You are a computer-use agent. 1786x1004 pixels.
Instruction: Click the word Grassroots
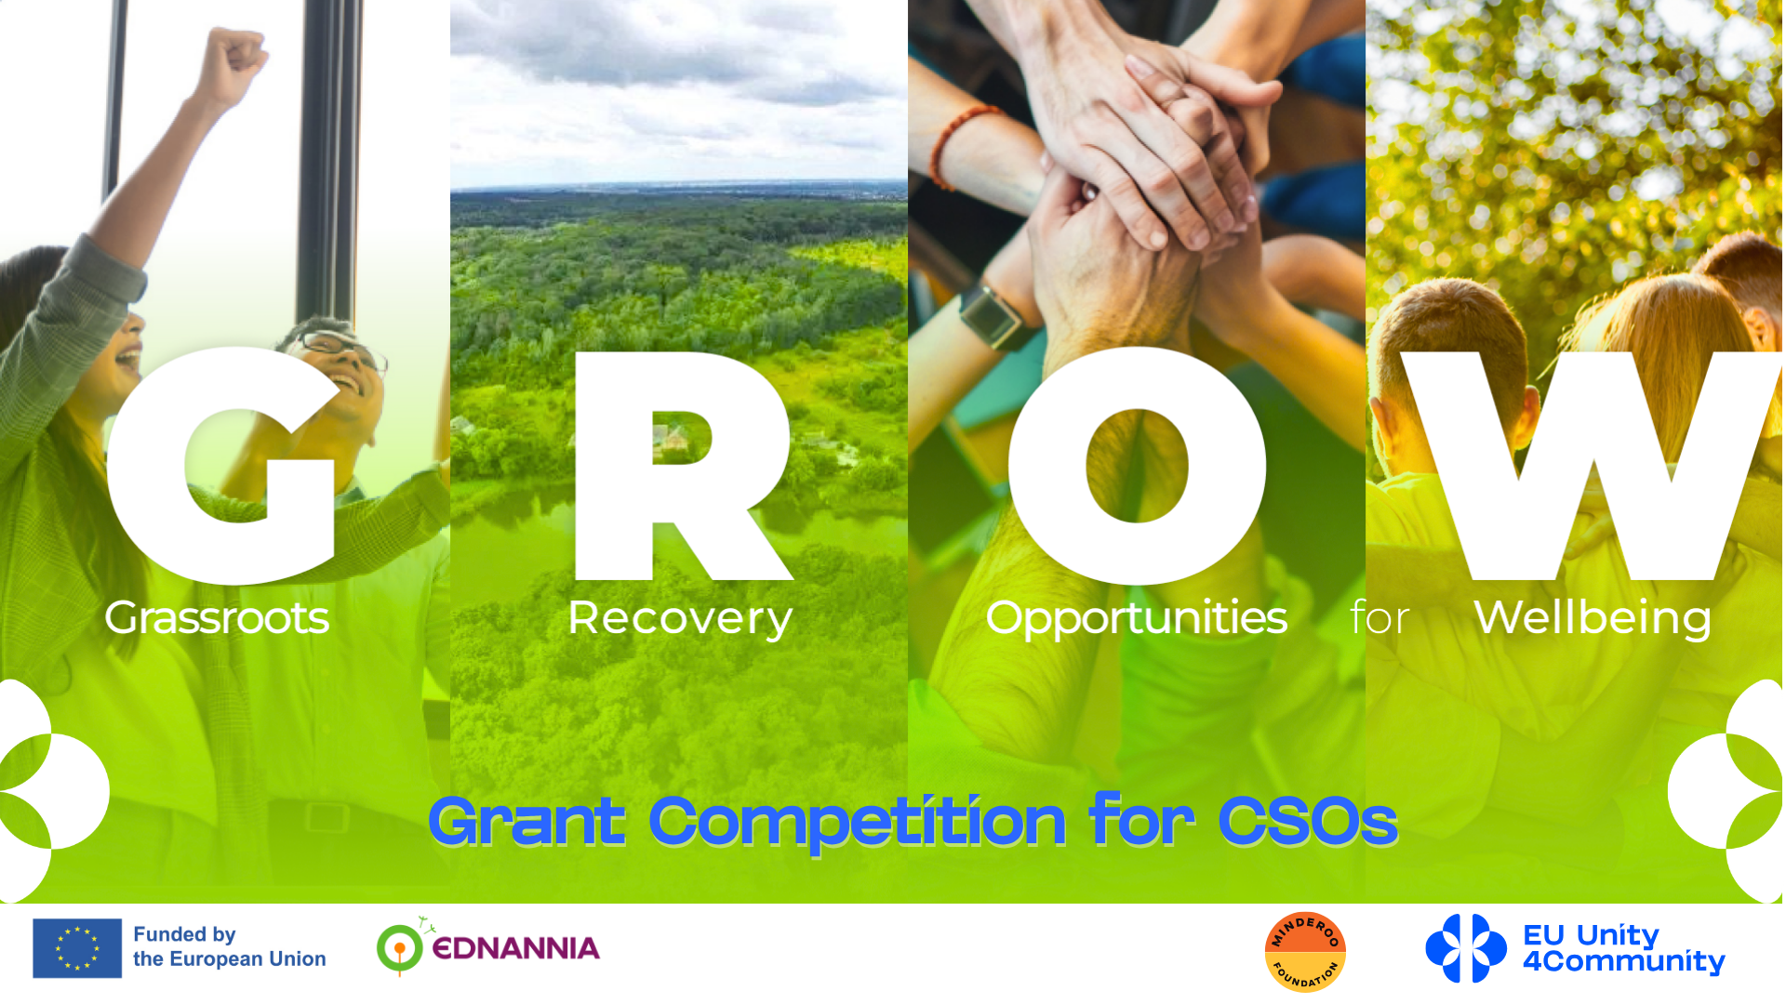[217, 617]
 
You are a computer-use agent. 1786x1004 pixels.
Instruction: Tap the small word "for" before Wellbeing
[1379, 617]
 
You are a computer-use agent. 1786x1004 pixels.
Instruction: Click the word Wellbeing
[1593, 618]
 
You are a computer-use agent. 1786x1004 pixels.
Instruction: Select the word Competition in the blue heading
[857, 823]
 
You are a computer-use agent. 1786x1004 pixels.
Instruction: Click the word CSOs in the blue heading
[1308, 821]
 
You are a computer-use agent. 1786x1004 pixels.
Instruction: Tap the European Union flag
[77, 948]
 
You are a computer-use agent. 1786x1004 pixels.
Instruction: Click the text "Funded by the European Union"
[229, 946]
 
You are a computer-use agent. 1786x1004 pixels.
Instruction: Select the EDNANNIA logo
[488, 946]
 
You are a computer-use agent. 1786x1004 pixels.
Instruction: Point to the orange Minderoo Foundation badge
[1305, 952]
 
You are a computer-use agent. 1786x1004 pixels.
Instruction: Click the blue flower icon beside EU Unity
[1466, 948]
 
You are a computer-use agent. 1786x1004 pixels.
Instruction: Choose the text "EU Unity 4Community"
[1623, 948]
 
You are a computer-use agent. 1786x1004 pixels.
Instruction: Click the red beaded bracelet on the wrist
[958, 139]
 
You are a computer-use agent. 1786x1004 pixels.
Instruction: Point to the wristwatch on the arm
[992, 316]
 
